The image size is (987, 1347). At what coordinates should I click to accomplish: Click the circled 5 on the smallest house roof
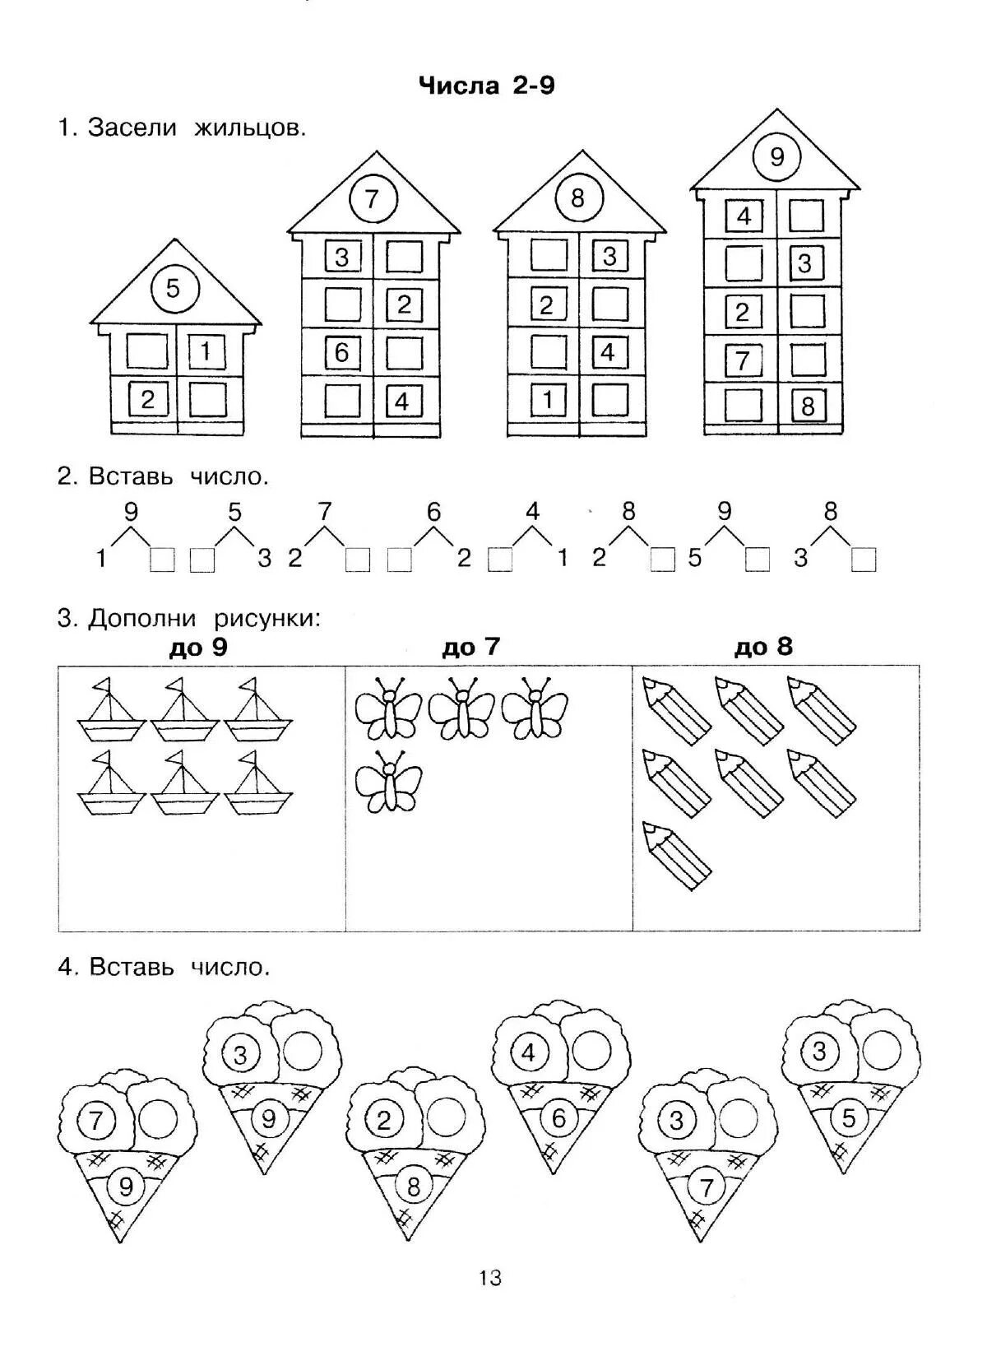[173, 289]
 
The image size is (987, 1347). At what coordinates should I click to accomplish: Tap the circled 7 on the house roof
[373, 199]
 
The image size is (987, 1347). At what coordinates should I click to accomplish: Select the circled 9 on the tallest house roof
[777, 156]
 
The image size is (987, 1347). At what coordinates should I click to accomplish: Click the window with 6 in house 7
[342, 352]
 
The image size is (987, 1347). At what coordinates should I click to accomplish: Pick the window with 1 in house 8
[549, 401]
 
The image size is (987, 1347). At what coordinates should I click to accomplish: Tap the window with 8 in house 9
[808, 406]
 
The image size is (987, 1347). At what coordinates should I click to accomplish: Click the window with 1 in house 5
[206, 352]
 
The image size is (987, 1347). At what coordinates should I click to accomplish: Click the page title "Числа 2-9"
[487, 86]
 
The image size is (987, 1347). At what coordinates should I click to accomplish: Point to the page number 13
[489, 1301]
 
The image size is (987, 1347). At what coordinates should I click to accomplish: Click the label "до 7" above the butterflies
[470, 648]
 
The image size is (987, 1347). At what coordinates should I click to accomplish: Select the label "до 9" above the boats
[197, 648]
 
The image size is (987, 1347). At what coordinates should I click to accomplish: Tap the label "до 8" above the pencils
[763, 647]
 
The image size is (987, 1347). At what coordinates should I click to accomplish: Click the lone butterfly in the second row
[388, 782]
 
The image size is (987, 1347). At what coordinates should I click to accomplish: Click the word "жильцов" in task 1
[250, 128]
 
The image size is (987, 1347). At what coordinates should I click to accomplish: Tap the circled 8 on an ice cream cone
[413, 1186]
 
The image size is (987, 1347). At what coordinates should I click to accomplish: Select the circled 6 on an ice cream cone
[559, 1118]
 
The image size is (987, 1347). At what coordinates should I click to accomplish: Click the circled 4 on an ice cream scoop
[529, 1052]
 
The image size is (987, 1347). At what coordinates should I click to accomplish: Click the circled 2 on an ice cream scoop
[383, 1120]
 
